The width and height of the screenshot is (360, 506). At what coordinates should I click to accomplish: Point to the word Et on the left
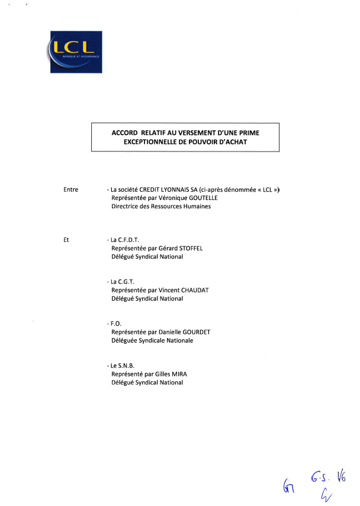tap(66, 240)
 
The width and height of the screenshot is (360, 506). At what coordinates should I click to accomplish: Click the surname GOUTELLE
tap(203, 198)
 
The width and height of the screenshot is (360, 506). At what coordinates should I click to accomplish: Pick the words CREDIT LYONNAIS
tap(168, 189)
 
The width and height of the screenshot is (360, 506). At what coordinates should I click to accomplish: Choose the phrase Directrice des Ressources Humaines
tap(161, 207)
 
